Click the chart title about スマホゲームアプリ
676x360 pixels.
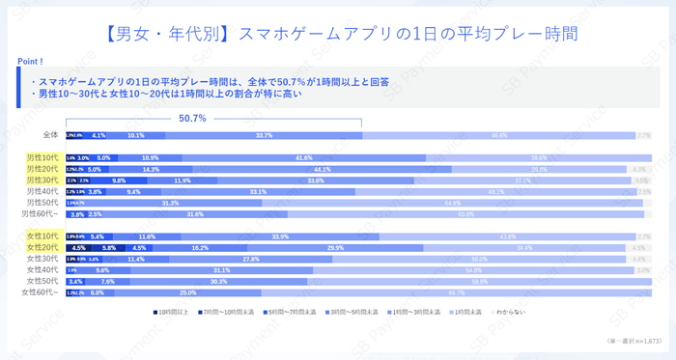click(338, 32)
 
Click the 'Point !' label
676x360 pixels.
click(34, 61)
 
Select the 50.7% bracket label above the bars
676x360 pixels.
click(193, 119)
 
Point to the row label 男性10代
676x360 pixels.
click(43, 157)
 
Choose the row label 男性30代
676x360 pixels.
click(43, 180)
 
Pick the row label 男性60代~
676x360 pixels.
click(42, 213)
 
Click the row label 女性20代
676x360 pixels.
click(43, 248)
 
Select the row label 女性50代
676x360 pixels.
click(43, 281)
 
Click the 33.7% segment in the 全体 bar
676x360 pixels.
click(264, 135)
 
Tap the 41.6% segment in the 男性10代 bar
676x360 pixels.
click(303, 157)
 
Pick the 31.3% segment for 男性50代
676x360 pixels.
click(170, 203)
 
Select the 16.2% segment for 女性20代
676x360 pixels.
click(200, 248)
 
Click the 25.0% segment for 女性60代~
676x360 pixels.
click(187, 292)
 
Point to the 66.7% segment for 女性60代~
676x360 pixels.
click(457, 292)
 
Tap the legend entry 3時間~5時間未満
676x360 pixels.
click(359, 313)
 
